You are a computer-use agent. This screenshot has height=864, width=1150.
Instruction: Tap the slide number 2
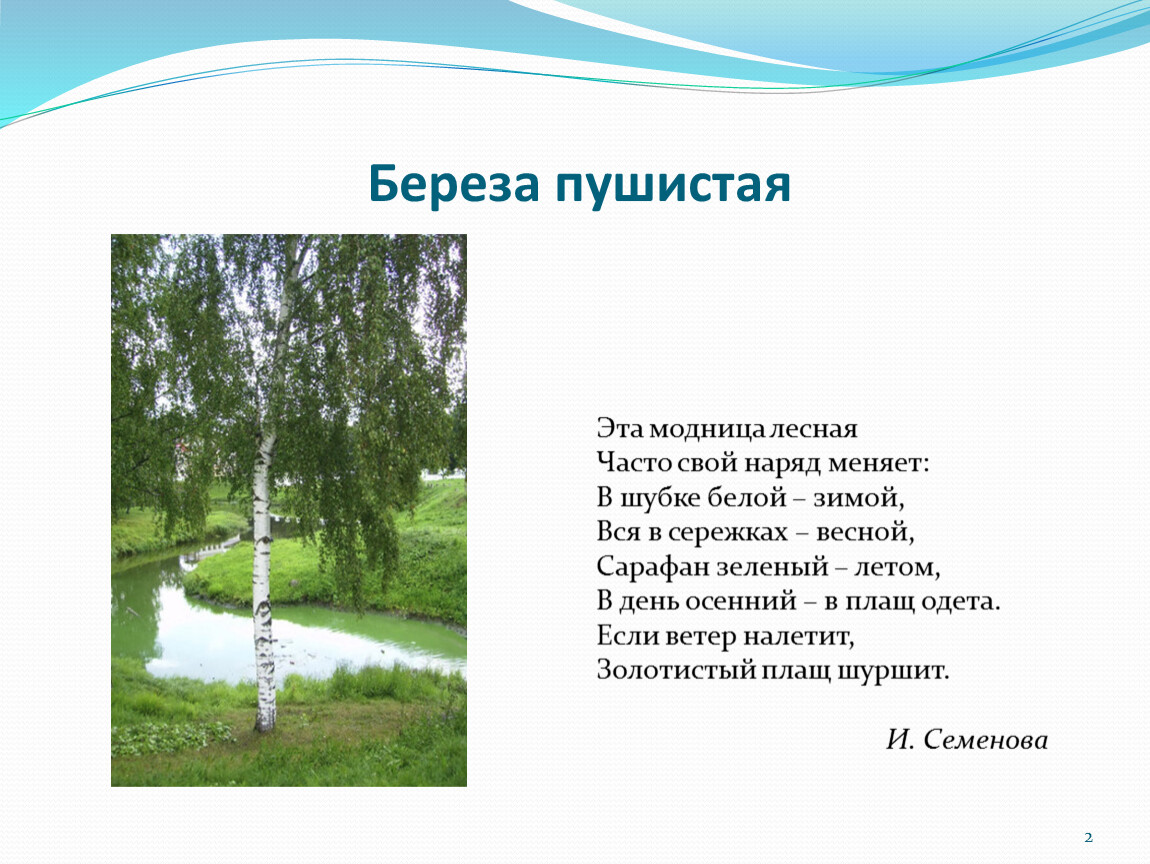coord(1088,837)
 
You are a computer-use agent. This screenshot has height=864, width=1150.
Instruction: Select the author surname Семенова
coord(985,739)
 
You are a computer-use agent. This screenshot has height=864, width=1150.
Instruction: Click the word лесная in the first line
coord(813,429)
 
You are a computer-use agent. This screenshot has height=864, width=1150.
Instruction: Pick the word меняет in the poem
coord(878,464)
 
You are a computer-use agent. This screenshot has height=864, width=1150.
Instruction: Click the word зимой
coord(858,498)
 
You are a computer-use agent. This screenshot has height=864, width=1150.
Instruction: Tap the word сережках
coord(728,533)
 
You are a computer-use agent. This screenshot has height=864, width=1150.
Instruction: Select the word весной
coord(865,532)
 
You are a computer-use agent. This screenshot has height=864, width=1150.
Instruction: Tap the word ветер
coord(701,636)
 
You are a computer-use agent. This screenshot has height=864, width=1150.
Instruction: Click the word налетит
coord(799,636)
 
